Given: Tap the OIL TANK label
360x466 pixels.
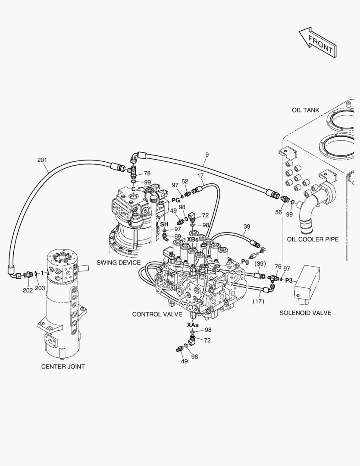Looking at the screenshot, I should pyautogui.click(x=305, y=110).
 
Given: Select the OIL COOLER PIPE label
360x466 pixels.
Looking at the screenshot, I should pyautogui.click(x=313, y=239).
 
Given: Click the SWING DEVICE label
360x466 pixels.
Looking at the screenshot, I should pyautogui.click(x=118, y=262).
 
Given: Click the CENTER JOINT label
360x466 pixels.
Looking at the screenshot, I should pyautogui.click(x=63, y=366).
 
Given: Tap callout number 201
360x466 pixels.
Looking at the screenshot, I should pyautogui.click(x=42, y=160).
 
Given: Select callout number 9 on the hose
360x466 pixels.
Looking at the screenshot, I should pyautogui.click(x=207, y=154).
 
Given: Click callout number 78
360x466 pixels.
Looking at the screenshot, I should pyautogui.click(x=147, y=173).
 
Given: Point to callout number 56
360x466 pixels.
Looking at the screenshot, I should pyautogui.click(x=279, y=212).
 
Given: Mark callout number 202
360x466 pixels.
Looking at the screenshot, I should pyautogui.click(x=28, y=290).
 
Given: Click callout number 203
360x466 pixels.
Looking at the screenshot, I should pyautogui.click(x=40, y=288).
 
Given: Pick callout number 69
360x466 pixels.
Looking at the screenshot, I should pyautogui.click(x=178, y=236).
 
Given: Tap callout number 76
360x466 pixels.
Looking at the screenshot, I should pyautogui.click(x=278, y=267).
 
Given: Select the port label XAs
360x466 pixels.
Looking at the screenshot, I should pyautogui.click(x=193, y=324).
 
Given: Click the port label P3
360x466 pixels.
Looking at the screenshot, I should pyautogui.click(x=289, y=280).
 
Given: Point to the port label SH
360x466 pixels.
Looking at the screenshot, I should pyautogui.click(x=164, y=224).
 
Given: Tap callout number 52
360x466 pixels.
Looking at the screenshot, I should pyautogui.click(x=185, y=182).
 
